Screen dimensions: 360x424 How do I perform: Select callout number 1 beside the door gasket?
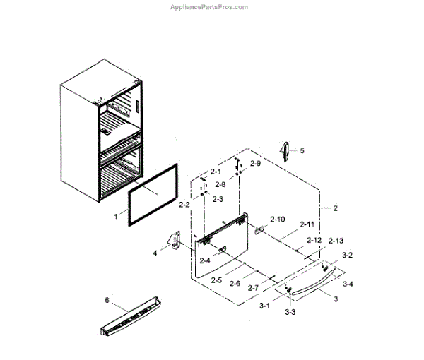coord(117,218)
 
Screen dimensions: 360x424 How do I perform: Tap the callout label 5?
coord(302,150)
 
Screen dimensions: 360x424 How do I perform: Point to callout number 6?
coord(107,300)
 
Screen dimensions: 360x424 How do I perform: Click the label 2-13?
coord(336,241)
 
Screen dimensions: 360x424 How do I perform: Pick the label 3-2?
coord(347,254)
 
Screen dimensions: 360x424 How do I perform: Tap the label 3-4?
coord(348,284)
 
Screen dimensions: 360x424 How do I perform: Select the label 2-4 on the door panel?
coord(205,260)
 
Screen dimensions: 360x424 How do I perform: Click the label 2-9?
coord(255,164)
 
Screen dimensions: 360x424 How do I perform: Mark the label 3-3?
coord(290,311)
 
